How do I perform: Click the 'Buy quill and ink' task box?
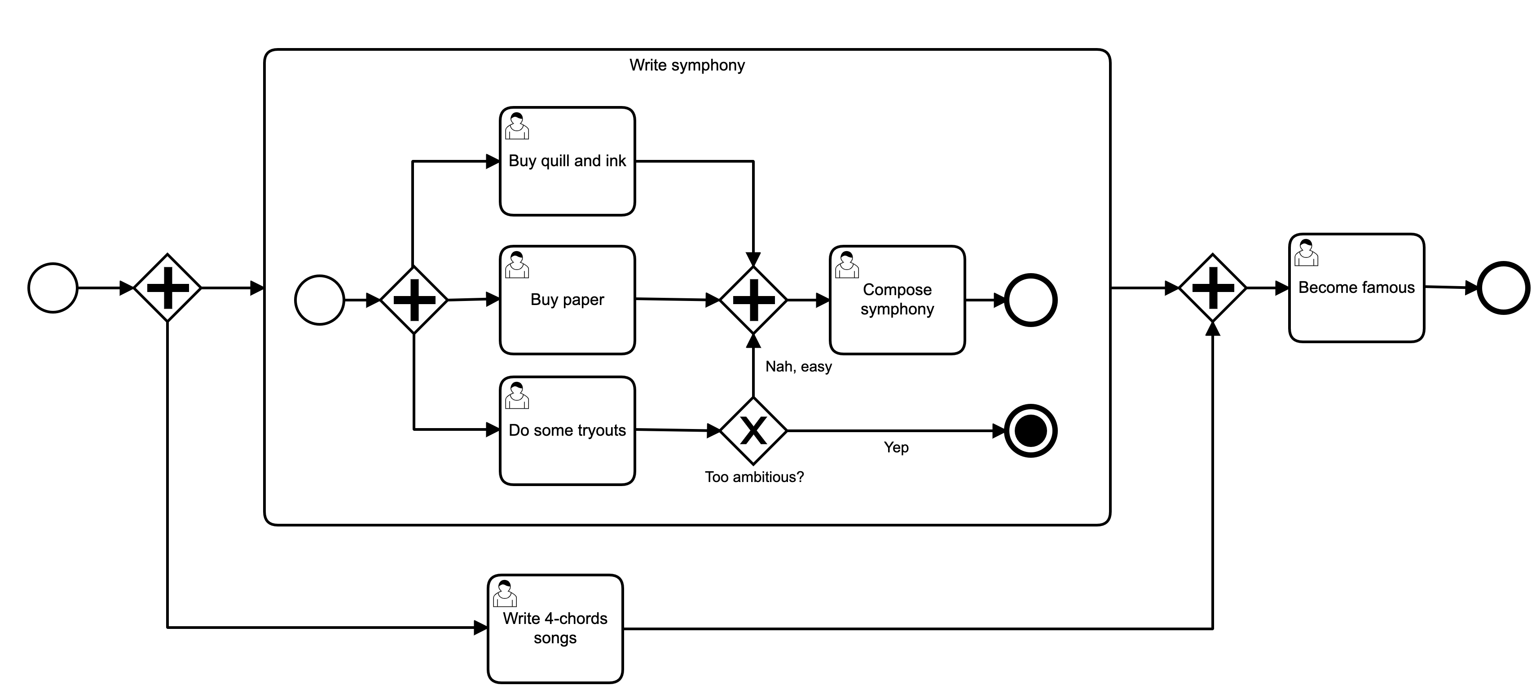click(567, 161)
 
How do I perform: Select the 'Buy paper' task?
click(567, 300)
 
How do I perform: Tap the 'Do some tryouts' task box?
click(567, 431)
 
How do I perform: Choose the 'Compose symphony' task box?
click(897, 300)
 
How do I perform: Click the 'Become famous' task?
click(1356, 288)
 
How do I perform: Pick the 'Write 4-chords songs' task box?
click(555, 628)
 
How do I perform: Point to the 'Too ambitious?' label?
click(754, 477)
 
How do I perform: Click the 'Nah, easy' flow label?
click(798, 367)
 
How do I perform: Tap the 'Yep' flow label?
click(896, 447)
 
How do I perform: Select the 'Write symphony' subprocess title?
click(687, 65)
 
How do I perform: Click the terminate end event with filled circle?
click(1030, 431)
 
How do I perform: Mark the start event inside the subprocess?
click(320, 300)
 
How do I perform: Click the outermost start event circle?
click(53, 288)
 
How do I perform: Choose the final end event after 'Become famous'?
click(1503, 288)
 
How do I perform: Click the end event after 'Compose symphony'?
click(1030, 300)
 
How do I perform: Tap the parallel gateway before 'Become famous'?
click(1213, 288)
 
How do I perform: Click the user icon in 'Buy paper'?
click(517, 265)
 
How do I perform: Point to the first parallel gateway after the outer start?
click(167, 288)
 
